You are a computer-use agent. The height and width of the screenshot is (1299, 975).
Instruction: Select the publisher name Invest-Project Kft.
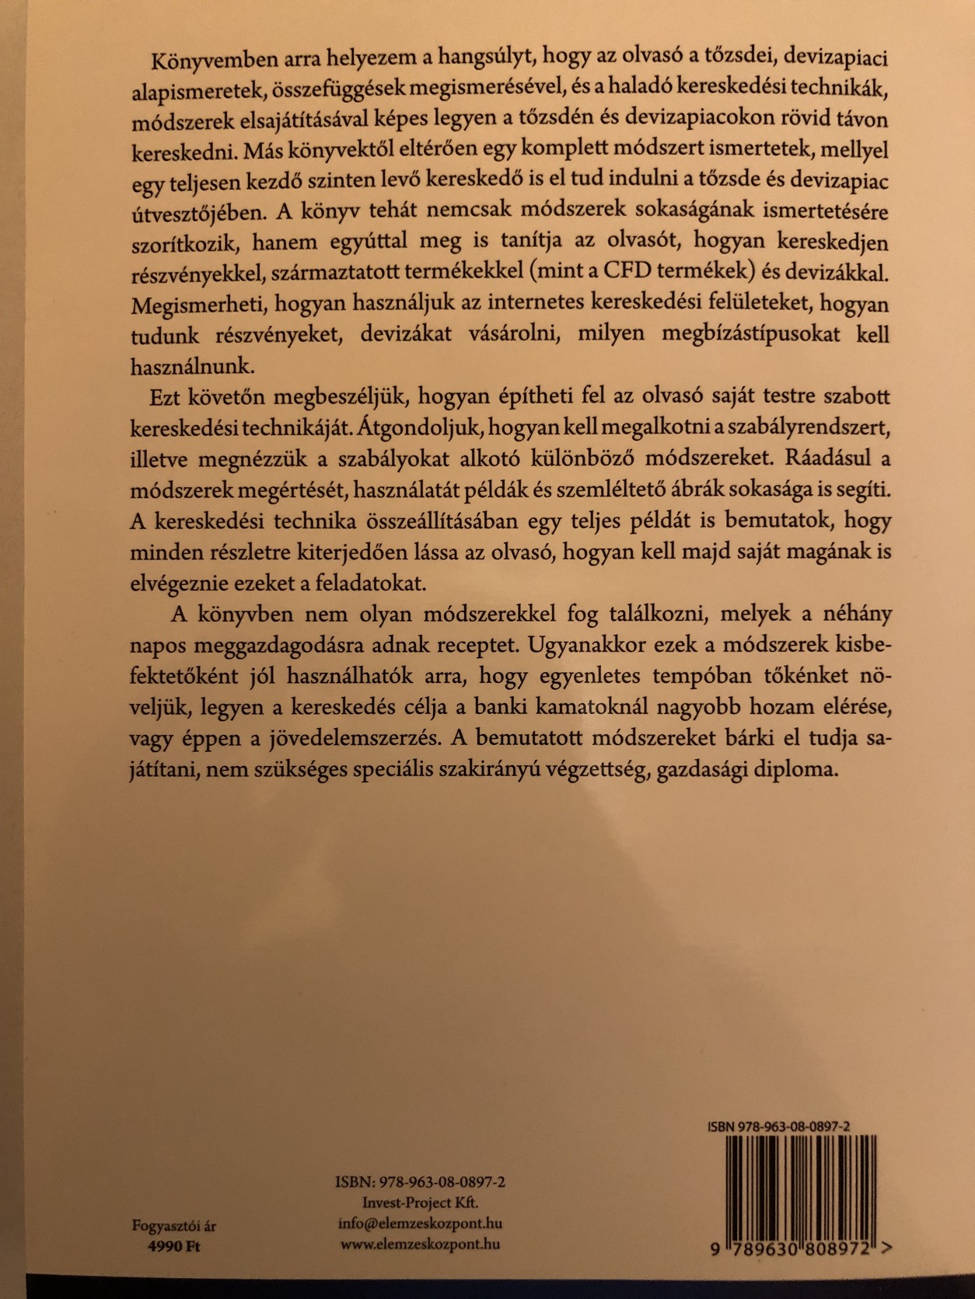pyautogui.click(x=421, y=1201)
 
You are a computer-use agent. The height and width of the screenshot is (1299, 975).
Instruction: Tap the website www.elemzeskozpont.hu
pyautogui.click(x=420, y=1243)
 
